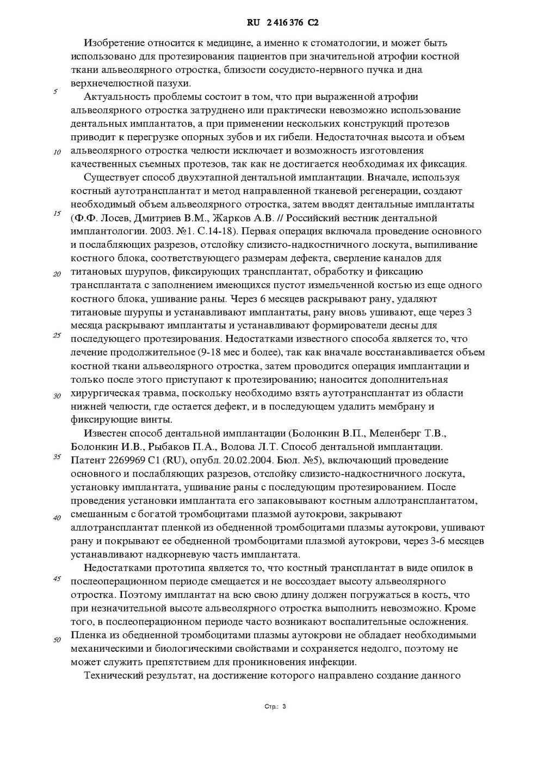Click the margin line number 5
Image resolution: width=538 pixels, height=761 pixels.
[55, 91]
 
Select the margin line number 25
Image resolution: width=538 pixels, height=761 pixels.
[57, 335]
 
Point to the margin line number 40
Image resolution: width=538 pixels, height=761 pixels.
[57, 517]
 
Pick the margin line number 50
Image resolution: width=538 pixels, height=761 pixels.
[57, 639]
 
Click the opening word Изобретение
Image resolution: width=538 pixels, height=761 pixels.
[112, 42]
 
